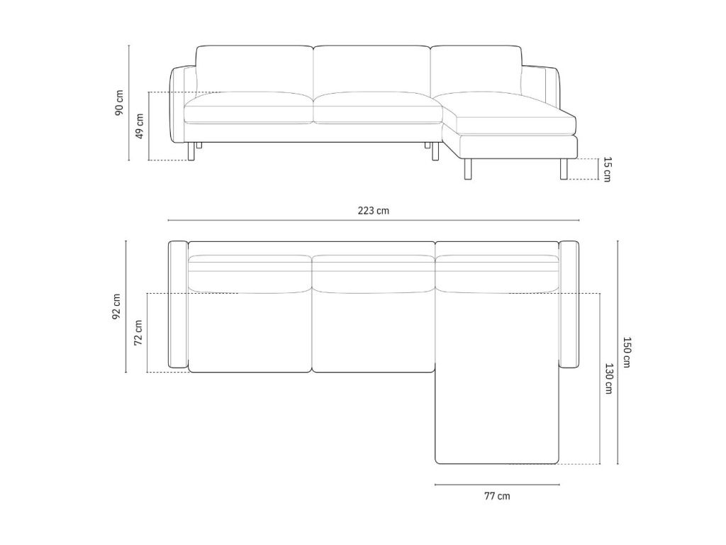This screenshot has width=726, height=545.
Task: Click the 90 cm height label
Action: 119,102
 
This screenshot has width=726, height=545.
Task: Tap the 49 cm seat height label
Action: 140,126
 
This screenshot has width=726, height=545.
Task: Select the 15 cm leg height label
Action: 607,169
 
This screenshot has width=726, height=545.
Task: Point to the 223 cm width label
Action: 373,211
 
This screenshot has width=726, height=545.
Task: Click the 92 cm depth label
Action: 116,307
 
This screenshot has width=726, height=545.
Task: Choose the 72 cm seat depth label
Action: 138,333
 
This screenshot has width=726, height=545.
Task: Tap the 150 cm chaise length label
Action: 626,352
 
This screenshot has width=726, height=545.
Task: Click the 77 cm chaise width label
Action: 497,496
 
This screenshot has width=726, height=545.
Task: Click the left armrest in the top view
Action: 178,304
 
